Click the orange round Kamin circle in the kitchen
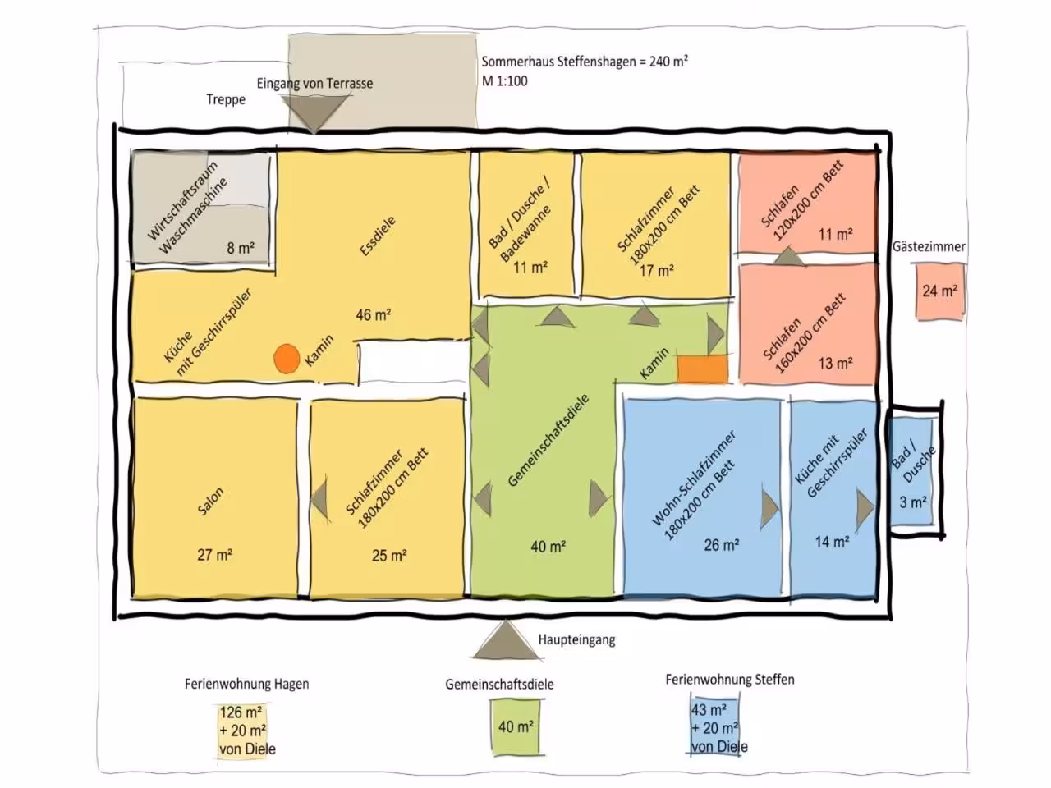click(x=287, y=359)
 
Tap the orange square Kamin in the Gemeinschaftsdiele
click(x=702, y=369)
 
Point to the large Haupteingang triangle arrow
click(x=507, y=640)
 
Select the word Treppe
click(x=226, y=99)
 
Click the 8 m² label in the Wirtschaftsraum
click(x=241, y=248)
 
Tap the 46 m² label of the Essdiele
click(x=373, y=315)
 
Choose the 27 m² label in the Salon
click(x=214, y=555)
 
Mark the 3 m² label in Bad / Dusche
click(x=912, y=502)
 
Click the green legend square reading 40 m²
click(x=515, y=726)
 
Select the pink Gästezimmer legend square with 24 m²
click(x=939, y=291)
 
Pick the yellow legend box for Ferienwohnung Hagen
click(x=241, y=731)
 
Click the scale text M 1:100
click(x=505, y=81)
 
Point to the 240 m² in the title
click(x=668, y=62)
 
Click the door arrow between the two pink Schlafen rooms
click(x=789, y=256)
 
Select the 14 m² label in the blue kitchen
click(x=833, y=542)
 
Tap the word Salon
click(x=210, y=501)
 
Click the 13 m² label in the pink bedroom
click(x=835, y=364)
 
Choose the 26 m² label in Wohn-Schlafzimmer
click(x=721, y=545)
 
